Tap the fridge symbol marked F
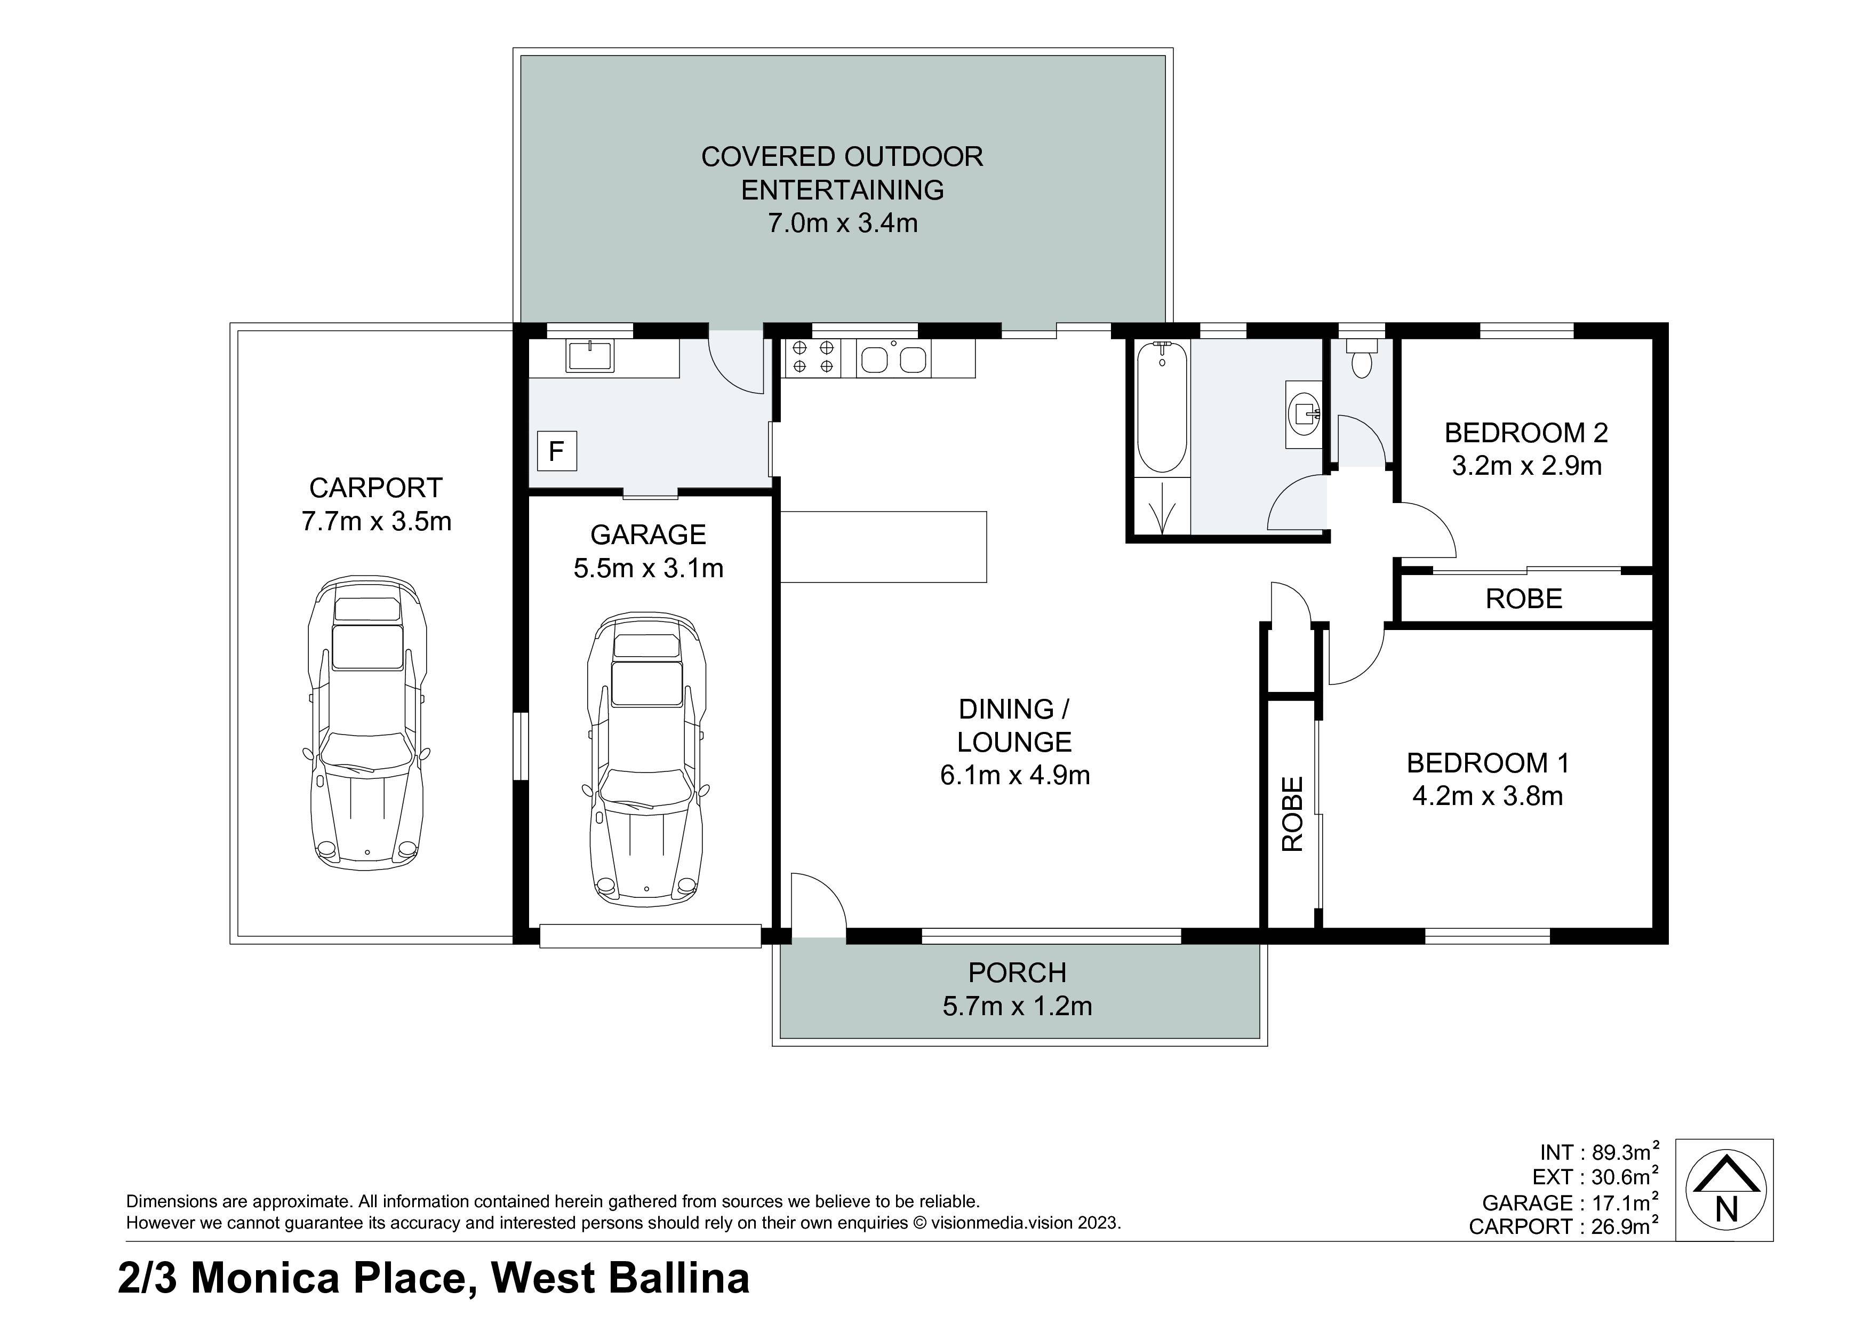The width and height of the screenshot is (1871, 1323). [x=557, y=451]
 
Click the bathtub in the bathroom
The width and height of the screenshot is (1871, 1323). [x=1161, y=408]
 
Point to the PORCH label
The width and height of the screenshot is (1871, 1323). [x=1017, y=973]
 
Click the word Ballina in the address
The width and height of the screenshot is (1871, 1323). [x=679, y=1278]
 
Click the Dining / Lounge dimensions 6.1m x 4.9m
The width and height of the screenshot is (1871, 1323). [x=1014, y=775]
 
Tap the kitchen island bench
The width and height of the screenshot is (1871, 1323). [x=883, y=547]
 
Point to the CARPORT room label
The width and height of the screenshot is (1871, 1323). [x=375, y=488]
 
